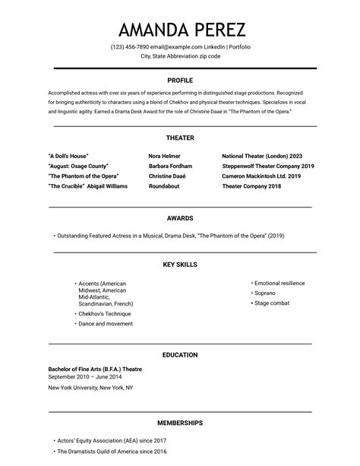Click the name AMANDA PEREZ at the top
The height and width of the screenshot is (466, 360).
182,30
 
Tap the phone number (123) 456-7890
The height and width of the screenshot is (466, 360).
129,47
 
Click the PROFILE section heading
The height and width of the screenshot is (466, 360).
180,80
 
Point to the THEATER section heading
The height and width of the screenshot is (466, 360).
180,138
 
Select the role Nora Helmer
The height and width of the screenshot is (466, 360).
169,156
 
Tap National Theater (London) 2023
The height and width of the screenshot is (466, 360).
262,156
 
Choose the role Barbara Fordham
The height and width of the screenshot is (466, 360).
171,166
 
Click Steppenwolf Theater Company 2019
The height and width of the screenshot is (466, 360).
268,166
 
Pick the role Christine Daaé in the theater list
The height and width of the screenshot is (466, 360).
168,176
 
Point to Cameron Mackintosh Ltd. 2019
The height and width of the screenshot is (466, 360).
261,176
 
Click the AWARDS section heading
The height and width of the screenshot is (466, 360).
180,218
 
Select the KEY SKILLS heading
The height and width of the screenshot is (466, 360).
180,265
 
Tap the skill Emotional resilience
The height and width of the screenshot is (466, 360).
279,283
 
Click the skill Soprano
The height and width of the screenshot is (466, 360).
265,293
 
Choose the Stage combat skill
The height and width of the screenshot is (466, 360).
272,303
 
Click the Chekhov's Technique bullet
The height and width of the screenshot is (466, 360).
105,313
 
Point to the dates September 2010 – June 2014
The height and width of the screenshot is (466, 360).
84,376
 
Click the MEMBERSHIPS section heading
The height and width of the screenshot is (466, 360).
180,423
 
